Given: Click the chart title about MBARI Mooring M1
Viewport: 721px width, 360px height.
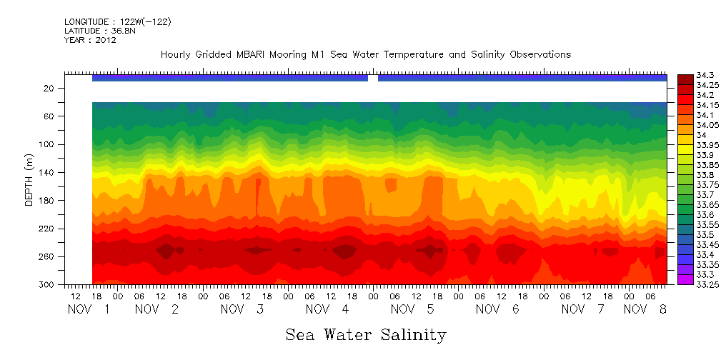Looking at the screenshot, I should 365,55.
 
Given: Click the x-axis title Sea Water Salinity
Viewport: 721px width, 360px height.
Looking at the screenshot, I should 366,335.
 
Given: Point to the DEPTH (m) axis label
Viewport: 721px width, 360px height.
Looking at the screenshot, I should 29,181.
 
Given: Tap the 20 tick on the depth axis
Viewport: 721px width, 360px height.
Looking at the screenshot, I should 49,88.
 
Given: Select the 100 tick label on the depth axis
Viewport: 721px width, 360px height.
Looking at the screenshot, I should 47,144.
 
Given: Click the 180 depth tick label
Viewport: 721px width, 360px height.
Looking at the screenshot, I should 47,201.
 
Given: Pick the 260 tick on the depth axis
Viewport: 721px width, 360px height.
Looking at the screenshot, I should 47,256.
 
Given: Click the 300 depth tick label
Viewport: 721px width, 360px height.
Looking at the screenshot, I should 47,284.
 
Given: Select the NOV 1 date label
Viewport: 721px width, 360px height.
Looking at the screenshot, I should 89,309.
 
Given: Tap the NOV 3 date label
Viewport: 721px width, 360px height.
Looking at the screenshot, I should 242,309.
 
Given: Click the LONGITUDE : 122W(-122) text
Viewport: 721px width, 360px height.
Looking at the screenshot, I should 117,22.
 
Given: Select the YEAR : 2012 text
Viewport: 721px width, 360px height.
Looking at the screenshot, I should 90,41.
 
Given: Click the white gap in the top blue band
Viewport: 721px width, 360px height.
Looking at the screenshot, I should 372,78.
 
